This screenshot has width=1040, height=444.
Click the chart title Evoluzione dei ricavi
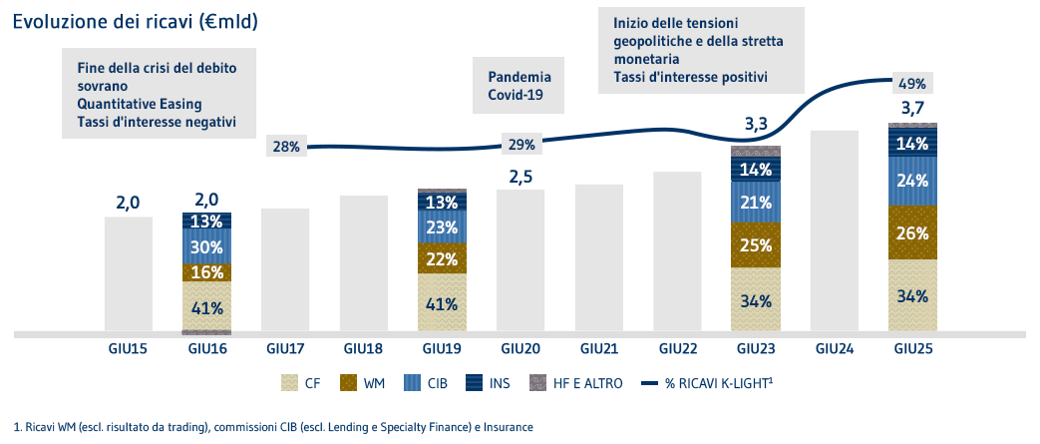(x=135, y=21)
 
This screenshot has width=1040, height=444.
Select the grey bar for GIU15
(x=129, y=273)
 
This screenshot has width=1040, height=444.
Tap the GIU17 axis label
(x=286, y=349)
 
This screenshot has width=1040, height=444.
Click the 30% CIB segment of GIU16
(x=206, y=246)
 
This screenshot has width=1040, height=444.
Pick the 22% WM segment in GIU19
(x=443, y=257)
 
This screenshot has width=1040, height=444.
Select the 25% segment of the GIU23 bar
(x=756, y=244)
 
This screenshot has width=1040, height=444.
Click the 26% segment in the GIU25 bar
(x=912, y=232)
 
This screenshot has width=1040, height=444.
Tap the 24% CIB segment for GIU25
(x=912, y=182)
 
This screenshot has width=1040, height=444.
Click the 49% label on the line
(x=912, y=84)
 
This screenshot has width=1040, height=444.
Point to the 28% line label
(x=286, y=147)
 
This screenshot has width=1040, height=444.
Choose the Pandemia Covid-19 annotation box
(x=519, y=85)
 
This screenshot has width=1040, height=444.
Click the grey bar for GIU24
(x=834, y=229)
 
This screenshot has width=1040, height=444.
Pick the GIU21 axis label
(x=599, y=349)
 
